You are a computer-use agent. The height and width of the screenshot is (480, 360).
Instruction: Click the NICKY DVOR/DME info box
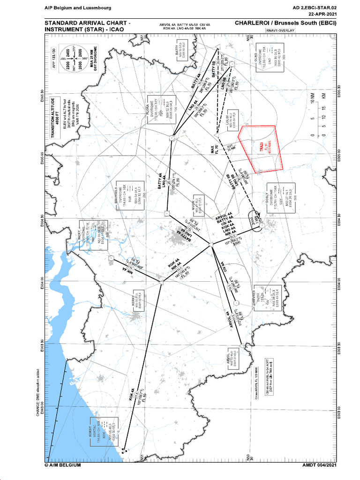coord(91,234)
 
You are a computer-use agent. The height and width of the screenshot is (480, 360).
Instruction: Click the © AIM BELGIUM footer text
coord(63,465)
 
